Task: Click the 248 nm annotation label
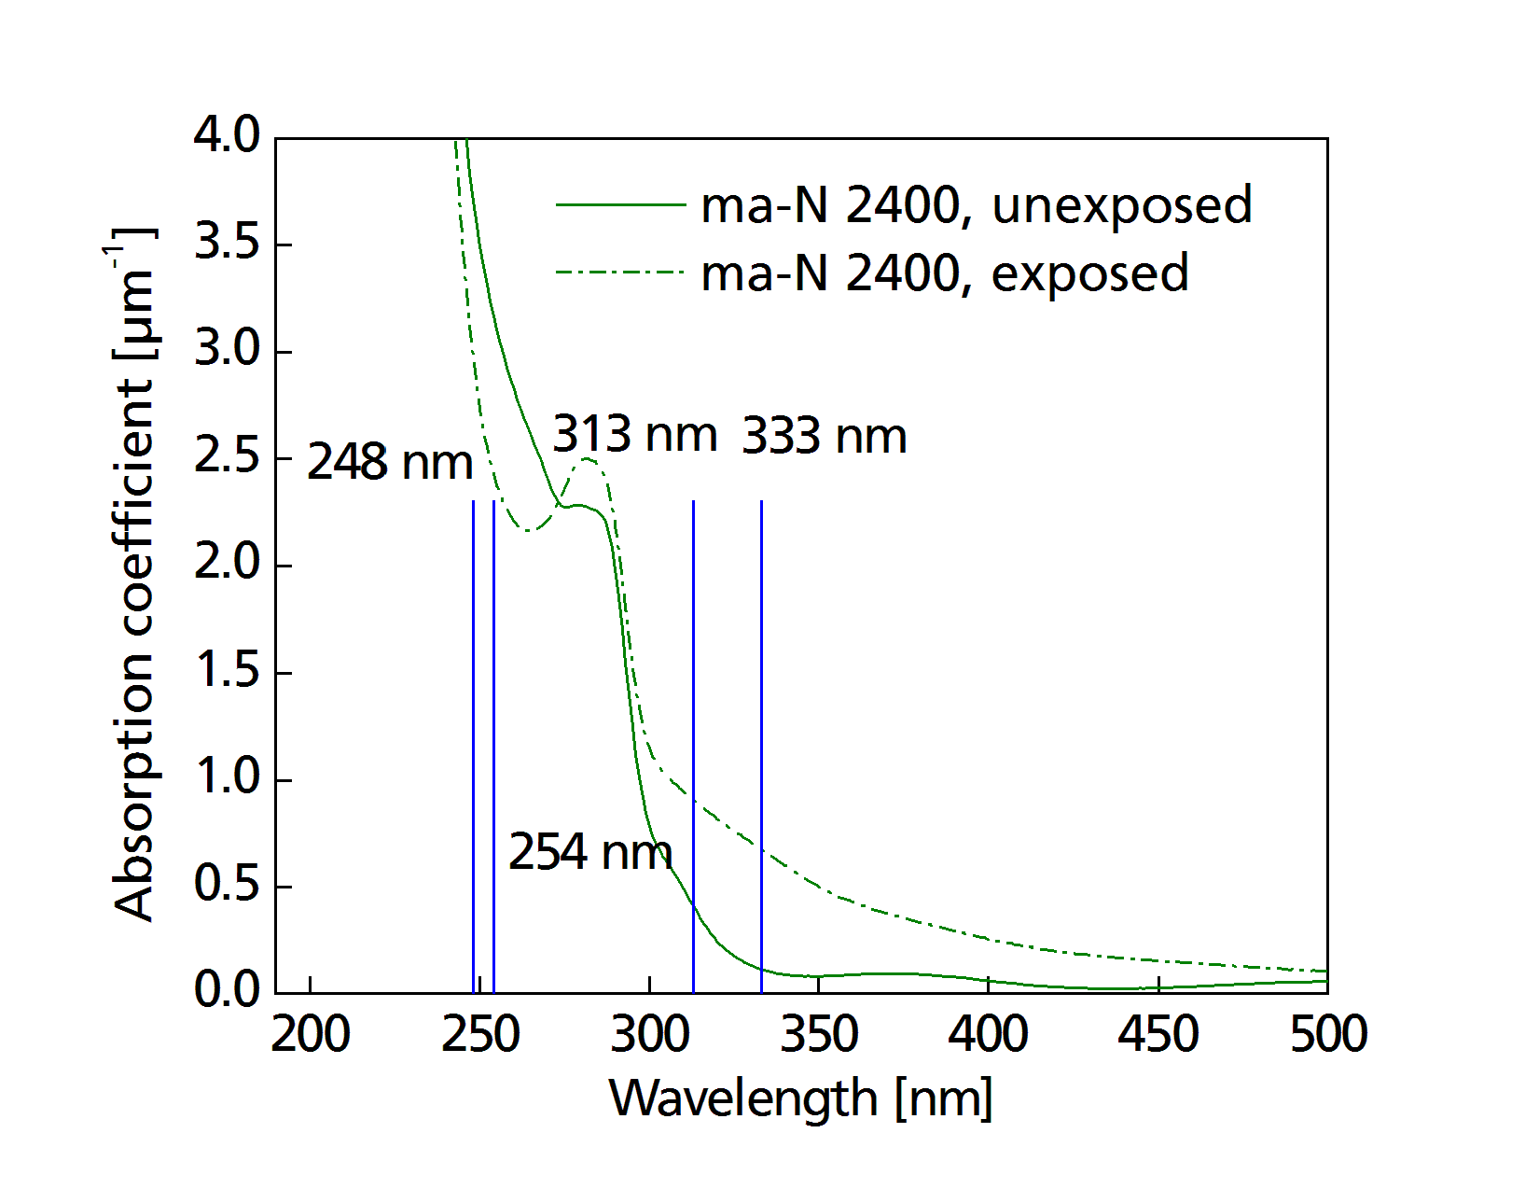point(390,462)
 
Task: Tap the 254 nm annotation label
point(589,851)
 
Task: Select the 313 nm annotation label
point(634,434)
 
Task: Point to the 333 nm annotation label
point(825,436)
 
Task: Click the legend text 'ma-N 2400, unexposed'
point(976,204)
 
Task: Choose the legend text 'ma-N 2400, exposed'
point(944,273)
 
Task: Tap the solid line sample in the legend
point(620,203)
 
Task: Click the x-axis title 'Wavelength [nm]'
point(800,1098)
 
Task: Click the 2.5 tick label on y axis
point(227,458)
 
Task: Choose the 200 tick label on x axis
point(311,1034)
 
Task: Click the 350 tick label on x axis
point(819,1034)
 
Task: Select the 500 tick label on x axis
point(1327,1034)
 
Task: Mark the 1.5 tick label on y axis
point(227,671)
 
